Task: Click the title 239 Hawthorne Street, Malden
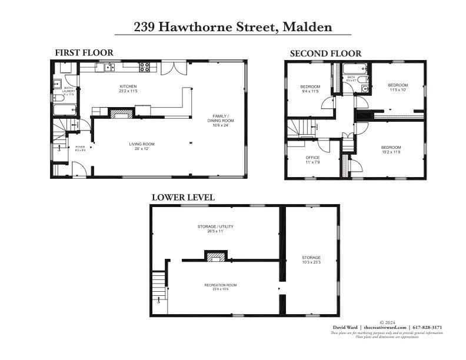tap(232, 27)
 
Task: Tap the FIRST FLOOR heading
tap(84, 53)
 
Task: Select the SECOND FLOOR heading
tap(325, 54)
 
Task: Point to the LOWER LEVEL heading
tap(183, 198)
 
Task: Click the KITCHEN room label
tap(128, 86)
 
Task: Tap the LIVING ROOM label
tap(142, 144)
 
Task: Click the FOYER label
tap(80, 147)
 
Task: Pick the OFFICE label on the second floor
tap(312, 158)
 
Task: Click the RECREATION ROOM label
tap(221, 285)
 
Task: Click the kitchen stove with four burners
tap(145, 67)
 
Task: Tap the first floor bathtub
tap(65, 109)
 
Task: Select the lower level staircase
tap(158, 289)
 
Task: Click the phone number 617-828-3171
tap(427, 327)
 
